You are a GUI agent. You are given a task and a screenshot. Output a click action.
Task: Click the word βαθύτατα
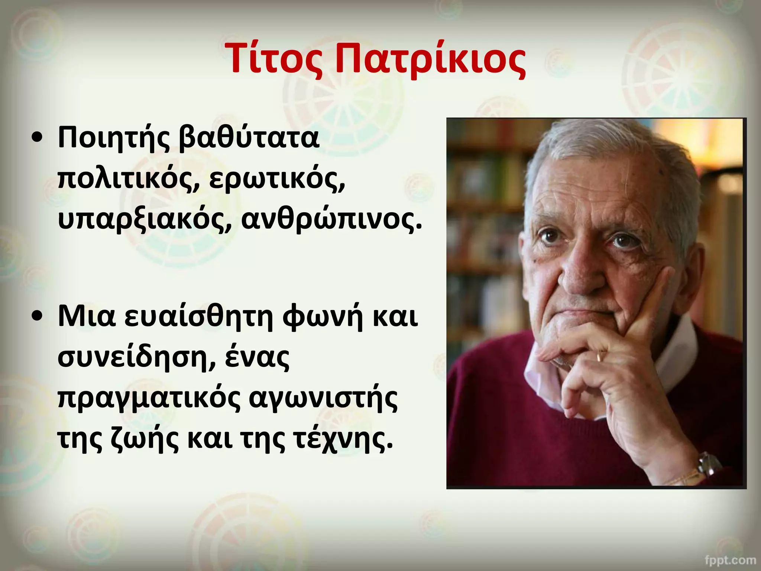point(249,138)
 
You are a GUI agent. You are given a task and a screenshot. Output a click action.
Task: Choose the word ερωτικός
point(277,180)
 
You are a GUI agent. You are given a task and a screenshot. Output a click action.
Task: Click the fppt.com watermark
point(730,559)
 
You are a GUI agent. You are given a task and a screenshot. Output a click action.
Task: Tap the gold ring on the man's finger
point(599,357)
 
